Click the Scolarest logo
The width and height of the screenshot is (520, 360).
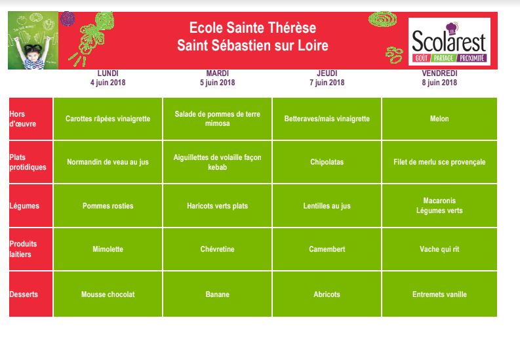(x=449, y=42)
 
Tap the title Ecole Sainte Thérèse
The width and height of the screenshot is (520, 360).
(x=252, y=28)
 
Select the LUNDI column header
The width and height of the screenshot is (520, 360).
(x=108, y=73)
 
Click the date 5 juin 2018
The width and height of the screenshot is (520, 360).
(x=217, y=83)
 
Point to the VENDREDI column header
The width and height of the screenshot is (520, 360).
(x=439, y=73)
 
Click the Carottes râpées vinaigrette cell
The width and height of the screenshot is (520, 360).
(x=108, y=119)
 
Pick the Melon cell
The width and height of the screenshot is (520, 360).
(x=439, y=119)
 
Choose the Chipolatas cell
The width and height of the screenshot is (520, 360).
(x=327, y=162)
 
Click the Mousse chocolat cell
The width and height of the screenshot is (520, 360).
(x=108, y=294)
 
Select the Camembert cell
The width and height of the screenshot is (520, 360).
(x=327, y=249)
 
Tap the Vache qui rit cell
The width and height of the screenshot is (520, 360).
(x=439, y=249)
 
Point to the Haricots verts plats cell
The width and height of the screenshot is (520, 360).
(x=217, y=206)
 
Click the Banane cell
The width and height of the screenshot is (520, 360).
(x=217, y=294)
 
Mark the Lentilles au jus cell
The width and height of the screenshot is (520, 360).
(x=327, y=206)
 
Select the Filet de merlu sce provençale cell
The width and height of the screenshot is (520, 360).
(x=439, y=162)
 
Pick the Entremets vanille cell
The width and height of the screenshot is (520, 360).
(x=439, y=294)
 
